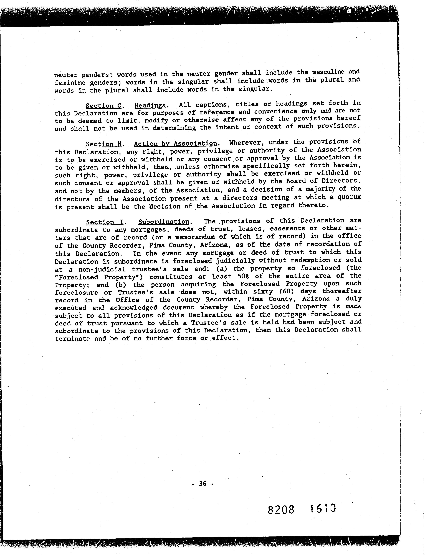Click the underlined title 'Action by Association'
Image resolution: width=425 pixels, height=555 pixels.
coord(175,144)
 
